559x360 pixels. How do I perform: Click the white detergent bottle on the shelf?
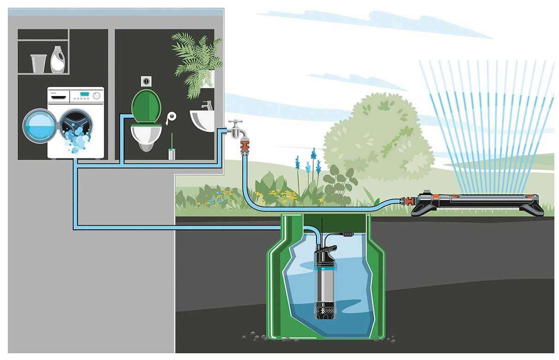click(x=58, y=60)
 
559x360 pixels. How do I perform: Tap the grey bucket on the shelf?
click(x=39, y=63)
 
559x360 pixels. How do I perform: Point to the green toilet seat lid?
click(x=146, y=105)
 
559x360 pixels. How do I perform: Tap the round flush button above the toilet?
click(x=146, y=80)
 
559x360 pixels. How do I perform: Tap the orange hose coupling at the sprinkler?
click(x=408, y=201)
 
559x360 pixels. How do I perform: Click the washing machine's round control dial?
click(x=96, y=96)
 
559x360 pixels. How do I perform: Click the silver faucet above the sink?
click(x=207, y=106)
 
